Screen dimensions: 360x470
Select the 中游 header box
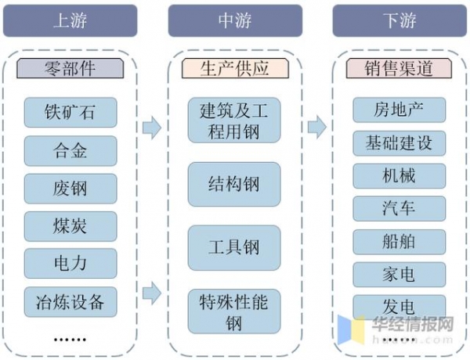(x=235, y=20)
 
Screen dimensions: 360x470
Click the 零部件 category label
(x=70, y=68)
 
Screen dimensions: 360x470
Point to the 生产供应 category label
(x=235, y=68)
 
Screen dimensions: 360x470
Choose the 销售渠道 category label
(x=399, y=68)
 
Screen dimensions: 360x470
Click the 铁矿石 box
(x=70, y=112)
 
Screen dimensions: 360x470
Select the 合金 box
(x=70, y=150)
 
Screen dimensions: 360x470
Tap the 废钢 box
(x=70, y=188)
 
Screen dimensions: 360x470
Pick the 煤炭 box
(x=70, y=225)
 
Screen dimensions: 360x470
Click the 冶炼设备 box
(x=70, y=300)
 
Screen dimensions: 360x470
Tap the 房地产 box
(x=399, y=110)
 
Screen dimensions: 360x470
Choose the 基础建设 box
(x=399, y=142)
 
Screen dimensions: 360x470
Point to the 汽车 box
(x=399, y=208)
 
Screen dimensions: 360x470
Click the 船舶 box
(x=399, y=241)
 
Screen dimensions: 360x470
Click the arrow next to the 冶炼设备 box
(x=152, y=294)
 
